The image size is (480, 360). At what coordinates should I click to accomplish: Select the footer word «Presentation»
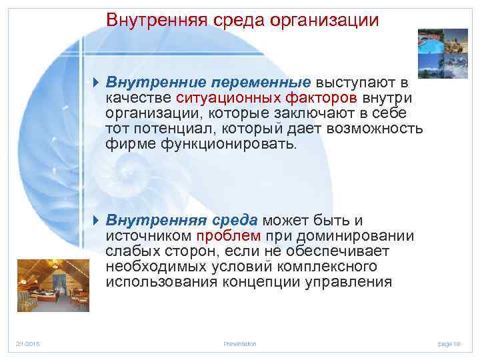coord(239,343)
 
